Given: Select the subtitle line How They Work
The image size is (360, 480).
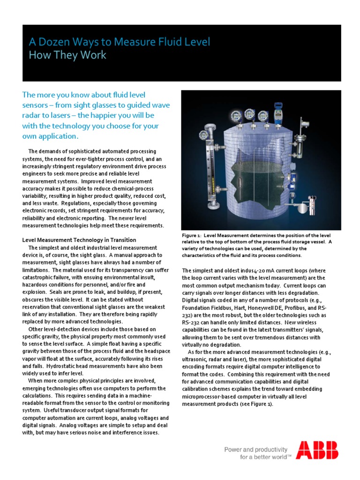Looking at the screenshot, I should click(67, 55).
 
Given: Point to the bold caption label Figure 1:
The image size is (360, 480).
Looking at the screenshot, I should click(192, 235).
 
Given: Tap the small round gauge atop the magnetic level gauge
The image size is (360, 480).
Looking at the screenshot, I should click(203, 135).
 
